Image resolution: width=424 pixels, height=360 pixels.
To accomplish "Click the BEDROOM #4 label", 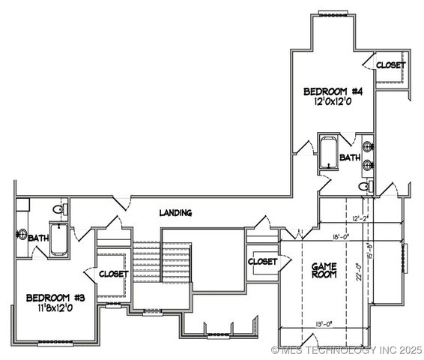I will pyautogui.click(x=333, y=91).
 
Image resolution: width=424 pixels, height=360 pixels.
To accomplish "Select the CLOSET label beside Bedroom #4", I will pyautogui.click(x=390, y=65).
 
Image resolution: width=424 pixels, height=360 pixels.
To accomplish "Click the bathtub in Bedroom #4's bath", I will pyautogui.click(x=328, y=153).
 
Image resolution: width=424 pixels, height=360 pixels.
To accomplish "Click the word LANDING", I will pyautogui.click(x=175, y=213).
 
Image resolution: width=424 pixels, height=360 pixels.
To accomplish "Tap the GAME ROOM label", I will pyautogui.click(x=324, y=271).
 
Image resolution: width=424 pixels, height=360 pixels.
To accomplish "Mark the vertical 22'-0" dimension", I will pyautogui.click(x=360, y=267).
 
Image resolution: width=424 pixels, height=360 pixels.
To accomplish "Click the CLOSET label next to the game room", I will pyautogui.click(x=262, y=262).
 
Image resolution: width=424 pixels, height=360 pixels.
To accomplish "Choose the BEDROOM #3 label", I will pyautogui.click(x=55, y=297).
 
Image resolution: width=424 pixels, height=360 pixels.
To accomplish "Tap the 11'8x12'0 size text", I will pyautogui.click(x=56, y=307).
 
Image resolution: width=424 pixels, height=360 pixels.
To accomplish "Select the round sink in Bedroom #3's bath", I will pyautogui.click(x=22, y=234).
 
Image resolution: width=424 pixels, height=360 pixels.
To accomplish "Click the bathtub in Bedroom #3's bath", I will pyautogui.click(x=59, y=238).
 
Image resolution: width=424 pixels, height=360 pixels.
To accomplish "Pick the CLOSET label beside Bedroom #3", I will pyautogui.click(x=113, y=274).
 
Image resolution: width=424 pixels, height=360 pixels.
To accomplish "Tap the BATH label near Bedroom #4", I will pyautogui.click(x=349, y=157).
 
